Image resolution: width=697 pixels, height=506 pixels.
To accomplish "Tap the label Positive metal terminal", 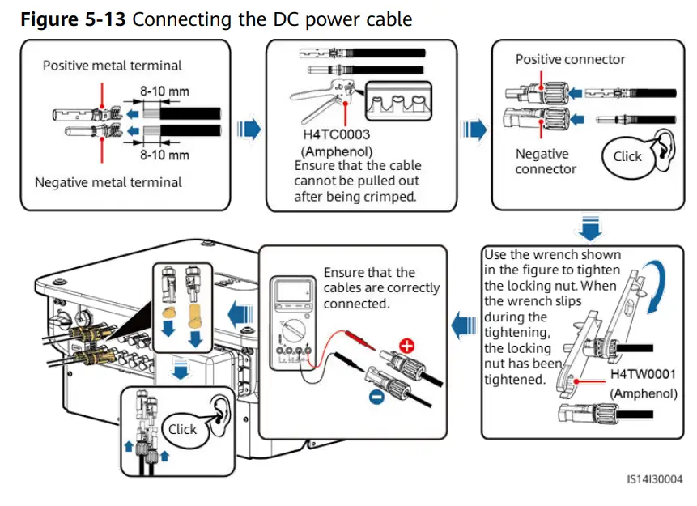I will pos(113,66).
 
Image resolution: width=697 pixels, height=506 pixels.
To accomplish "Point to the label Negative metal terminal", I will pos(108,182).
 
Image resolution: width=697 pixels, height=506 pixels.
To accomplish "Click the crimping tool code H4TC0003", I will pos(337,136).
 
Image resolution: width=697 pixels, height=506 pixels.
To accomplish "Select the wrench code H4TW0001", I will pos(644,376).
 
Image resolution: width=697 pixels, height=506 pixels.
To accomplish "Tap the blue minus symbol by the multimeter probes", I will pos(375,398).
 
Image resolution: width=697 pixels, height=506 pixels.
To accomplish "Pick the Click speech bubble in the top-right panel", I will pos(627,157).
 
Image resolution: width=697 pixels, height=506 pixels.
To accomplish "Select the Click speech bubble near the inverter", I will pos(182,429).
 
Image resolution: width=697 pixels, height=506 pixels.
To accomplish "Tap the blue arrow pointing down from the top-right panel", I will pos(592,226).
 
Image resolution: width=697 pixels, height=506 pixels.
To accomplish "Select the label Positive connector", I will pos(570,59).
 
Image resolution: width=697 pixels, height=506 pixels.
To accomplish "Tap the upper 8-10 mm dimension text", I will pos(164,91).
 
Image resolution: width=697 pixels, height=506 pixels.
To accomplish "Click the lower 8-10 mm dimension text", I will pos(164,154).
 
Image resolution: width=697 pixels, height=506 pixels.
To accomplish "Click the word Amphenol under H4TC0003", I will pos(337,151).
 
